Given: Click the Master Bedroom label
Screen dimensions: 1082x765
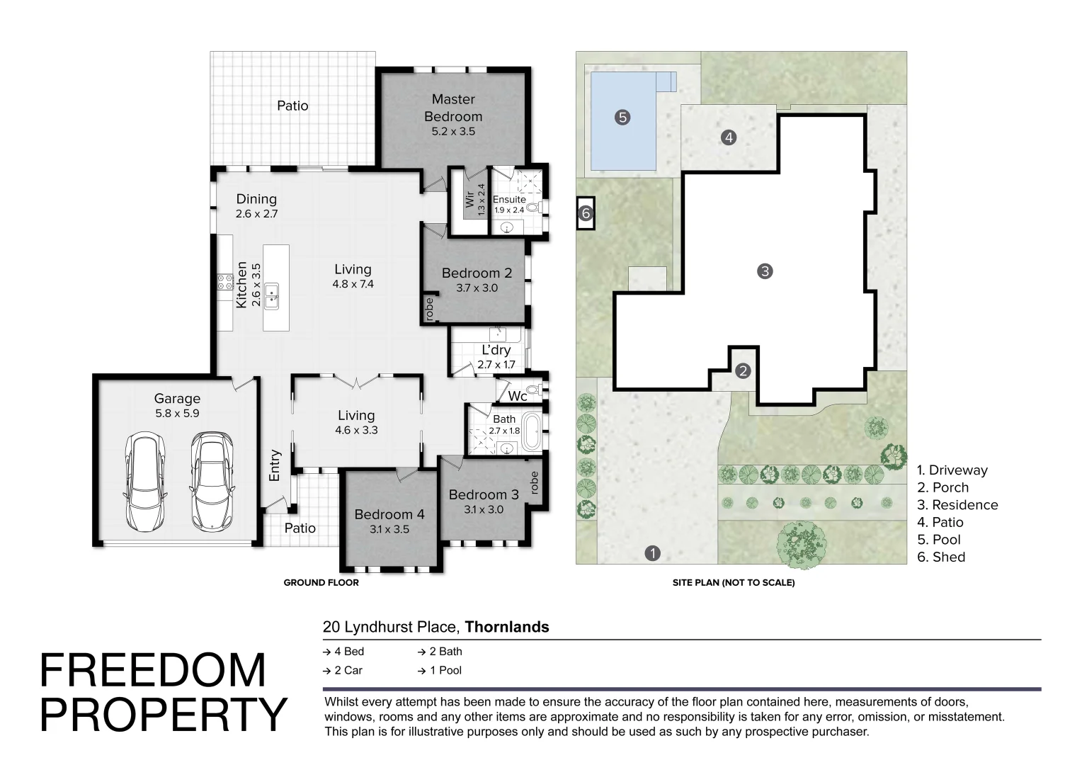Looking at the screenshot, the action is point(453,108).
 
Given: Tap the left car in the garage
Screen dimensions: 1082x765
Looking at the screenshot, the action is point(145,482).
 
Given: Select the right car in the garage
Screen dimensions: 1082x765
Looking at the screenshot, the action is point(212,482).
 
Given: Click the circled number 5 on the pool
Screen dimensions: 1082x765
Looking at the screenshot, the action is point(622,117).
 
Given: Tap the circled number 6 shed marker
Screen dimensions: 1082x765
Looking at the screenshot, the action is point(586,213).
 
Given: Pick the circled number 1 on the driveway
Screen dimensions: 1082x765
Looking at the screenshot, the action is point(653,553).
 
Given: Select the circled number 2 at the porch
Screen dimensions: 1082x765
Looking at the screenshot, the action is point(743,370).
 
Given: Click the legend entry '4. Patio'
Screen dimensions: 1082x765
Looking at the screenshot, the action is point(940,523).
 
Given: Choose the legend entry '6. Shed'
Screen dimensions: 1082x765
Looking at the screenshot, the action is point(941,557).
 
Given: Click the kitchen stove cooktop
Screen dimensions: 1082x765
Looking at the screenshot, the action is point(224,282).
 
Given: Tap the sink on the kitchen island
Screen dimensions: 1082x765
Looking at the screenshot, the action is point(271,296).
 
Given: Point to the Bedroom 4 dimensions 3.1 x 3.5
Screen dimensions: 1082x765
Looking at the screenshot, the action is point(389,529).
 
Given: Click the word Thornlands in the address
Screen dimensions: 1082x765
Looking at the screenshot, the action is point(507,627).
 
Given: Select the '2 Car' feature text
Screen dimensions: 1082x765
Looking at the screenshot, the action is point(343,670).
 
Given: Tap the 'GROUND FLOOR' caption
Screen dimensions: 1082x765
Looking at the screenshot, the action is point(321,583).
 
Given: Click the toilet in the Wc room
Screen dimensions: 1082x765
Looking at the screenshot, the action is point(534,390).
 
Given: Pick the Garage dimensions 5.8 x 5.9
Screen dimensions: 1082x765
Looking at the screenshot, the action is point(177,413).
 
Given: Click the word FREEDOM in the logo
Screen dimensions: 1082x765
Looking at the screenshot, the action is point(153,670).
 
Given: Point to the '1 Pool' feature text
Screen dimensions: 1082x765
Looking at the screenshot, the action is point(440,670).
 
